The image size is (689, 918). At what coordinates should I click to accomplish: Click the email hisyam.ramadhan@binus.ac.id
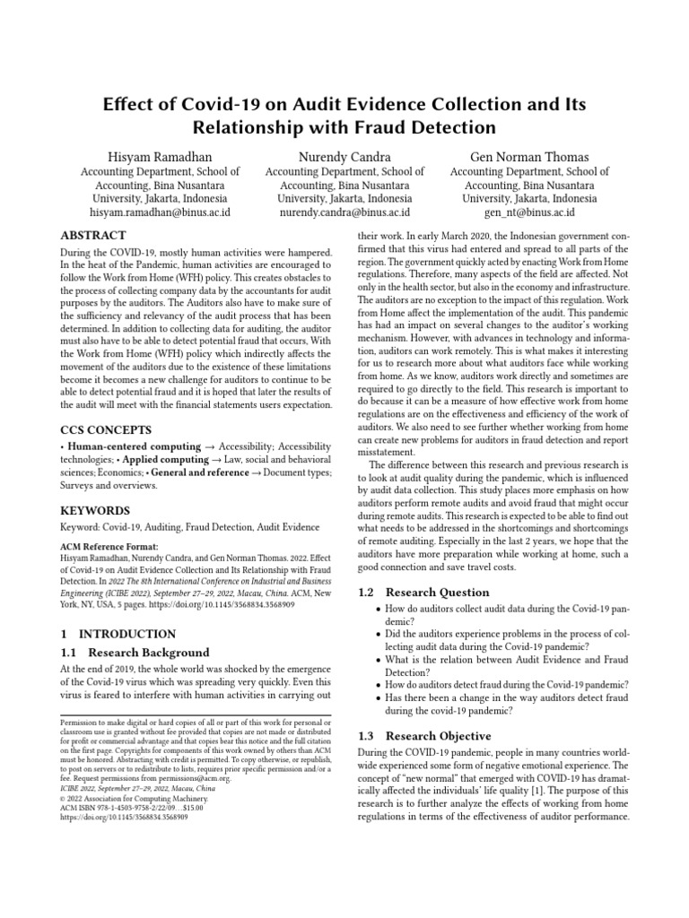pyautogui.click(x=160, y=212)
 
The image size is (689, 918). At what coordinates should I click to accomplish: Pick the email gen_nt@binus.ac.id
pyautogui.click(x=528, y=212)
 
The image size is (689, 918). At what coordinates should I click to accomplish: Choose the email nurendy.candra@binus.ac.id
pyautogui.click(x=344, y=212)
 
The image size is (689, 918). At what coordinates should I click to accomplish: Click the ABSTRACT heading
pyautogui.click(x=93, y=235)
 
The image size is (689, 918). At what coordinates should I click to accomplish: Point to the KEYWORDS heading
pyautogui.click(x=94, y=510)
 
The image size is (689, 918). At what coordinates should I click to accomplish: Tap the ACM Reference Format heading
pyautogui.click(x=109, y=545)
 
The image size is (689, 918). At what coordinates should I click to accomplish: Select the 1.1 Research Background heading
pyautogui.click(x=134, y=653)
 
